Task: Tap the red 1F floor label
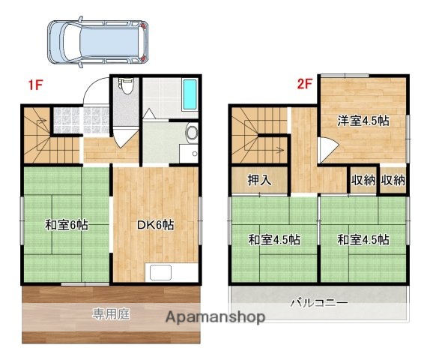coord(34,84)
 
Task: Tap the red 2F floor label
coord(303,84)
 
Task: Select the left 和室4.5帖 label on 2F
coord(275,240)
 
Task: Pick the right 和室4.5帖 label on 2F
coord(363,240)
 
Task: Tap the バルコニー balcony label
coord(318,302)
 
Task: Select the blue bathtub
coord(190,94)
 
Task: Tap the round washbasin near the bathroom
coord(191,135)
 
